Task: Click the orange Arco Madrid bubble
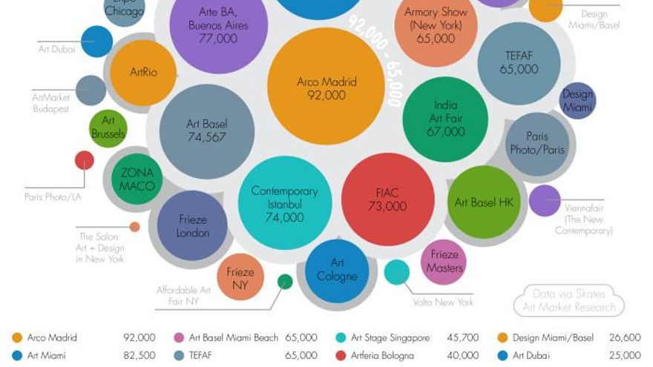coord(325,87)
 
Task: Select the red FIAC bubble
coord(387,199)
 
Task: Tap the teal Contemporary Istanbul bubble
coord(284,204)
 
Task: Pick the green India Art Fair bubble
coord(445,119)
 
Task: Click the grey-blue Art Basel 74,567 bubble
coord(206,131)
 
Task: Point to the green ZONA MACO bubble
coord(137,179)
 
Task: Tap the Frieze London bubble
coord(192,225)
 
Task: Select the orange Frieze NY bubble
coord(240,277)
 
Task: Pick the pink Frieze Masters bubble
coord(444,262)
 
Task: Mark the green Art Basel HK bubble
coord(484,202)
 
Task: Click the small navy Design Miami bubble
coord(577,100)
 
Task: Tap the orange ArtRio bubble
coord(142,73)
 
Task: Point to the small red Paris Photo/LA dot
coord(85,160)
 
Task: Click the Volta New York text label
coord(443,302)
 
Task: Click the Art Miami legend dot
coord(16,355)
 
